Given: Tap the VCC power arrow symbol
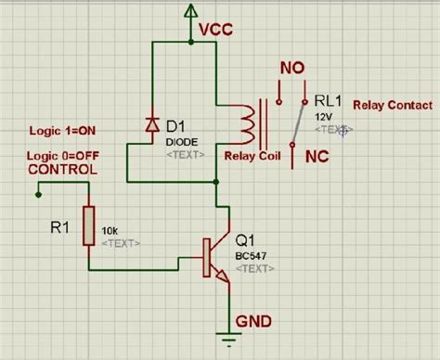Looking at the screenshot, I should (190, 11).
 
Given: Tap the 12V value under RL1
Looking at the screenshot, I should (322, 118).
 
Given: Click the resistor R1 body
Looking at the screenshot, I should (89, 225).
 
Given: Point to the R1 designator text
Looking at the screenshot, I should (58, 224).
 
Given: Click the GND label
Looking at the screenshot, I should (253, 321).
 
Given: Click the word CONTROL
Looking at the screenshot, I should (61, 171).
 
